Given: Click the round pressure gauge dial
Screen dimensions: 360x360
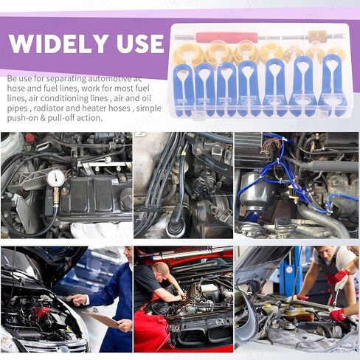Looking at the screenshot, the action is [x=56, y=178].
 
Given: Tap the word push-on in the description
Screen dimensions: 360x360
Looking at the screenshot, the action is [x=21, y=118].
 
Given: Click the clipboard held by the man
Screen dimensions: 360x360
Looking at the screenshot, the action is [x=102, y=319].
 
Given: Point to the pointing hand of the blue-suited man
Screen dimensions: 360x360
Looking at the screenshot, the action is [x=77, y=300].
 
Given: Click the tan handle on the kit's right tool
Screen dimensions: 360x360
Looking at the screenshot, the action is [x=317, y=36].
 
